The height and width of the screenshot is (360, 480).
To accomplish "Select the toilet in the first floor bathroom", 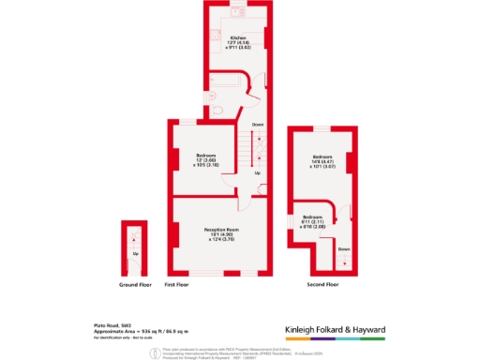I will pyautogui.click(x=217, y=111).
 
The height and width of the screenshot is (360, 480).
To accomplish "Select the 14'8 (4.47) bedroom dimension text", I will pyautogui.click(x=322, y=161).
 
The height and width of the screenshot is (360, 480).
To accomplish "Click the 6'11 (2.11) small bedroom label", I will pyautogui.click(x=312, y=221).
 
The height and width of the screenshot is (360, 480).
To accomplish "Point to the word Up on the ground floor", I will pyautogui.click(x=135, y=253).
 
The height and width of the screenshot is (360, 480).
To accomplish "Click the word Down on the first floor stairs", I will pyautogui.click(x=258, y=124).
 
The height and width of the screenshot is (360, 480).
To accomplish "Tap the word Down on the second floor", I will pyautogui.click(x=344, y=248).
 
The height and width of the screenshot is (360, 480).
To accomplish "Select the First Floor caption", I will pyautogui.click(x=178, y=283).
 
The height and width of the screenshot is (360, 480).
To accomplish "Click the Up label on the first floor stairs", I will pyautogui.click(x=257, y=172).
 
